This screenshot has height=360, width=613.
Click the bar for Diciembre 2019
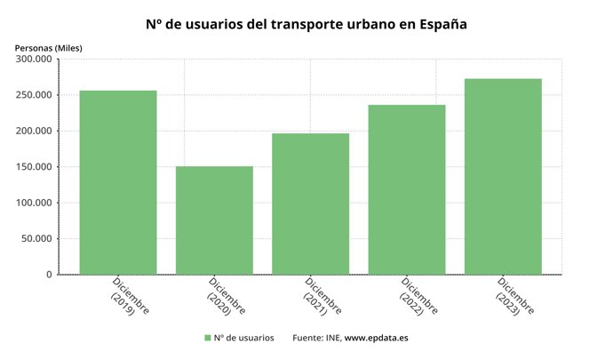pos(118,182)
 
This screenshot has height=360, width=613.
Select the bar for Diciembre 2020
pos(214,220)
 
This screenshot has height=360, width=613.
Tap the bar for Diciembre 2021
pos(310,204)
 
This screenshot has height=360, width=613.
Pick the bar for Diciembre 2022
pos(406,189)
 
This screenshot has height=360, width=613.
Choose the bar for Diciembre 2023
pos(502,176)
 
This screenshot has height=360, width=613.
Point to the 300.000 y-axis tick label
pos(33,60)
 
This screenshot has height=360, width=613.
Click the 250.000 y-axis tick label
pos(33,95)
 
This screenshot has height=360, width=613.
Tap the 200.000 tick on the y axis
pos(33,132)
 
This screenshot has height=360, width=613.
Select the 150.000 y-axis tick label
pos(33,167)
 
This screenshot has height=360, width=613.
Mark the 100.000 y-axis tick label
pos(33,203)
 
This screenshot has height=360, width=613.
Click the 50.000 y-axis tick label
pos(36,239)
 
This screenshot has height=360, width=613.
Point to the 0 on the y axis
pos(49,275)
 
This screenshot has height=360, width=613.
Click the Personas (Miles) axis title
pos(48,47)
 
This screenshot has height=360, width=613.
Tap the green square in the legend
pos(207,339)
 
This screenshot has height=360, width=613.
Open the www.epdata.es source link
pos(376,339)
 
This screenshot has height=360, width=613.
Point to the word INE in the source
pos(331,339)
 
